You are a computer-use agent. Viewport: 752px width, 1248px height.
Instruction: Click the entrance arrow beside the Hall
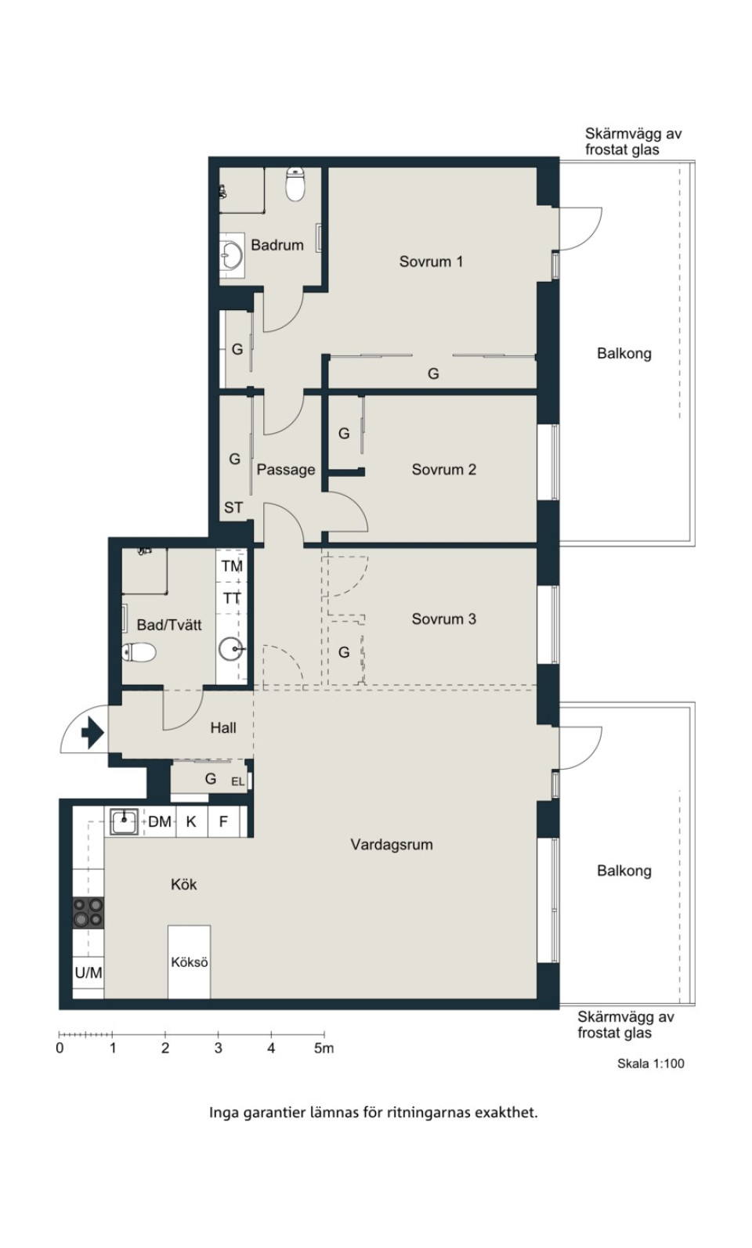click(92, 734)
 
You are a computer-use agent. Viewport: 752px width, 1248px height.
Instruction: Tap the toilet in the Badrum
click(295, 185)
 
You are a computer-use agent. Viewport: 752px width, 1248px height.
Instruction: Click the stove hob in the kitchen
click(89, 912)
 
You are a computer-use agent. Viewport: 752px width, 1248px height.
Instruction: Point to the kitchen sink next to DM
click(124, 821)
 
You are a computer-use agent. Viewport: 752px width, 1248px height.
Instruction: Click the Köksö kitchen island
click(190, 962)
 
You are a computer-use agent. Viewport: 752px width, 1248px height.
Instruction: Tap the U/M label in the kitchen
click(89, 972)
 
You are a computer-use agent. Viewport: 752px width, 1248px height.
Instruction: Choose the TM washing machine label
click(232, 566)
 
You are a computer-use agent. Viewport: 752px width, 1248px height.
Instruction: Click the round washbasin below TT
click(231, 649)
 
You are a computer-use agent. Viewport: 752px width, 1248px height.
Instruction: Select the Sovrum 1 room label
click(431, 262)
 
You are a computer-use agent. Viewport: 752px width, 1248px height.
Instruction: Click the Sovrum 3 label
click(443, 619)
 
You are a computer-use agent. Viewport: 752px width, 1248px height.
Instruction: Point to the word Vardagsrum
click(392, 845)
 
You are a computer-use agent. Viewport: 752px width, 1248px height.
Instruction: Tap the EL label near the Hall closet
click(237, 781)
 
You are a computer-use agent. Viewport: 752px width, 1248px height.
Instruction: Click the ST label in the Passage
click(233, 507)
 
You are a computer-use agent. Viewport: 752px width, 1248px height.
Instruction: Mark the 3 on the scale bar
click(218, 1048)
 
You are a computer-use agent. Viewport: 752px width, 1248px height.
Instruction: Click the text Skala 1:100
click(650, 1063)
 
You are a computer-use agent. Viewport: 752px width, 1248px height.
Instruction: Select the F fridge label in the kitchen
click(223, 821)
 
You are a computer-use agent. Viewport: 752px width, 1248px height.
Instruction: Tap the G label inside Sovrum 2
click(344, 433)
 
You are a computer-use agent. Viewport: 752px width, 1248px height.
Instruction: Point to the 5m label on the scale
click(324, 1048)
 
